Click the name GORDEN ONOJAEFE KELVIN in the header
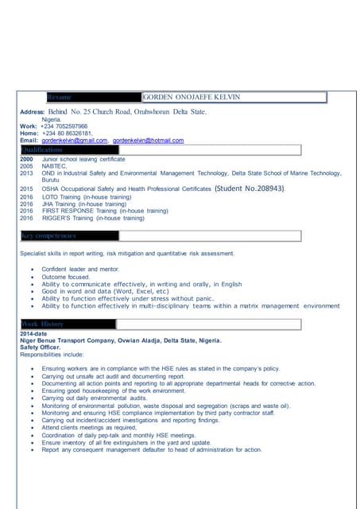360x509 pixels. (x=191, y=97)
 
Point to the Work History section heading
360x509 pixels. (x=44, y=324)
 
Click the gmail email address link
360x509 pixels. (x=74, y=141)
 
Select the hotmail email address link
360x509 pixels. (x=148, y=141)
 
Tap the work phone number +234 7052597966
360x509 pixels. (x=64, y=126)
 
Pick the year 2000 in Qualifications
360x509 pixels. (x=26, y=159)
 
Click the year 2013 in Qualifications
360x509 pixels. (x=26, y=173)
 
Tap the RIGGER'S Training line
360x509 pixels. (x=92, y=218)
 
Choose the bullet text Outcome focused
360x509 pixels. (x=72, y=277)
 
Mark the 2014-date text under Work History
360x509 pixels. (x=35, y=333)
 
